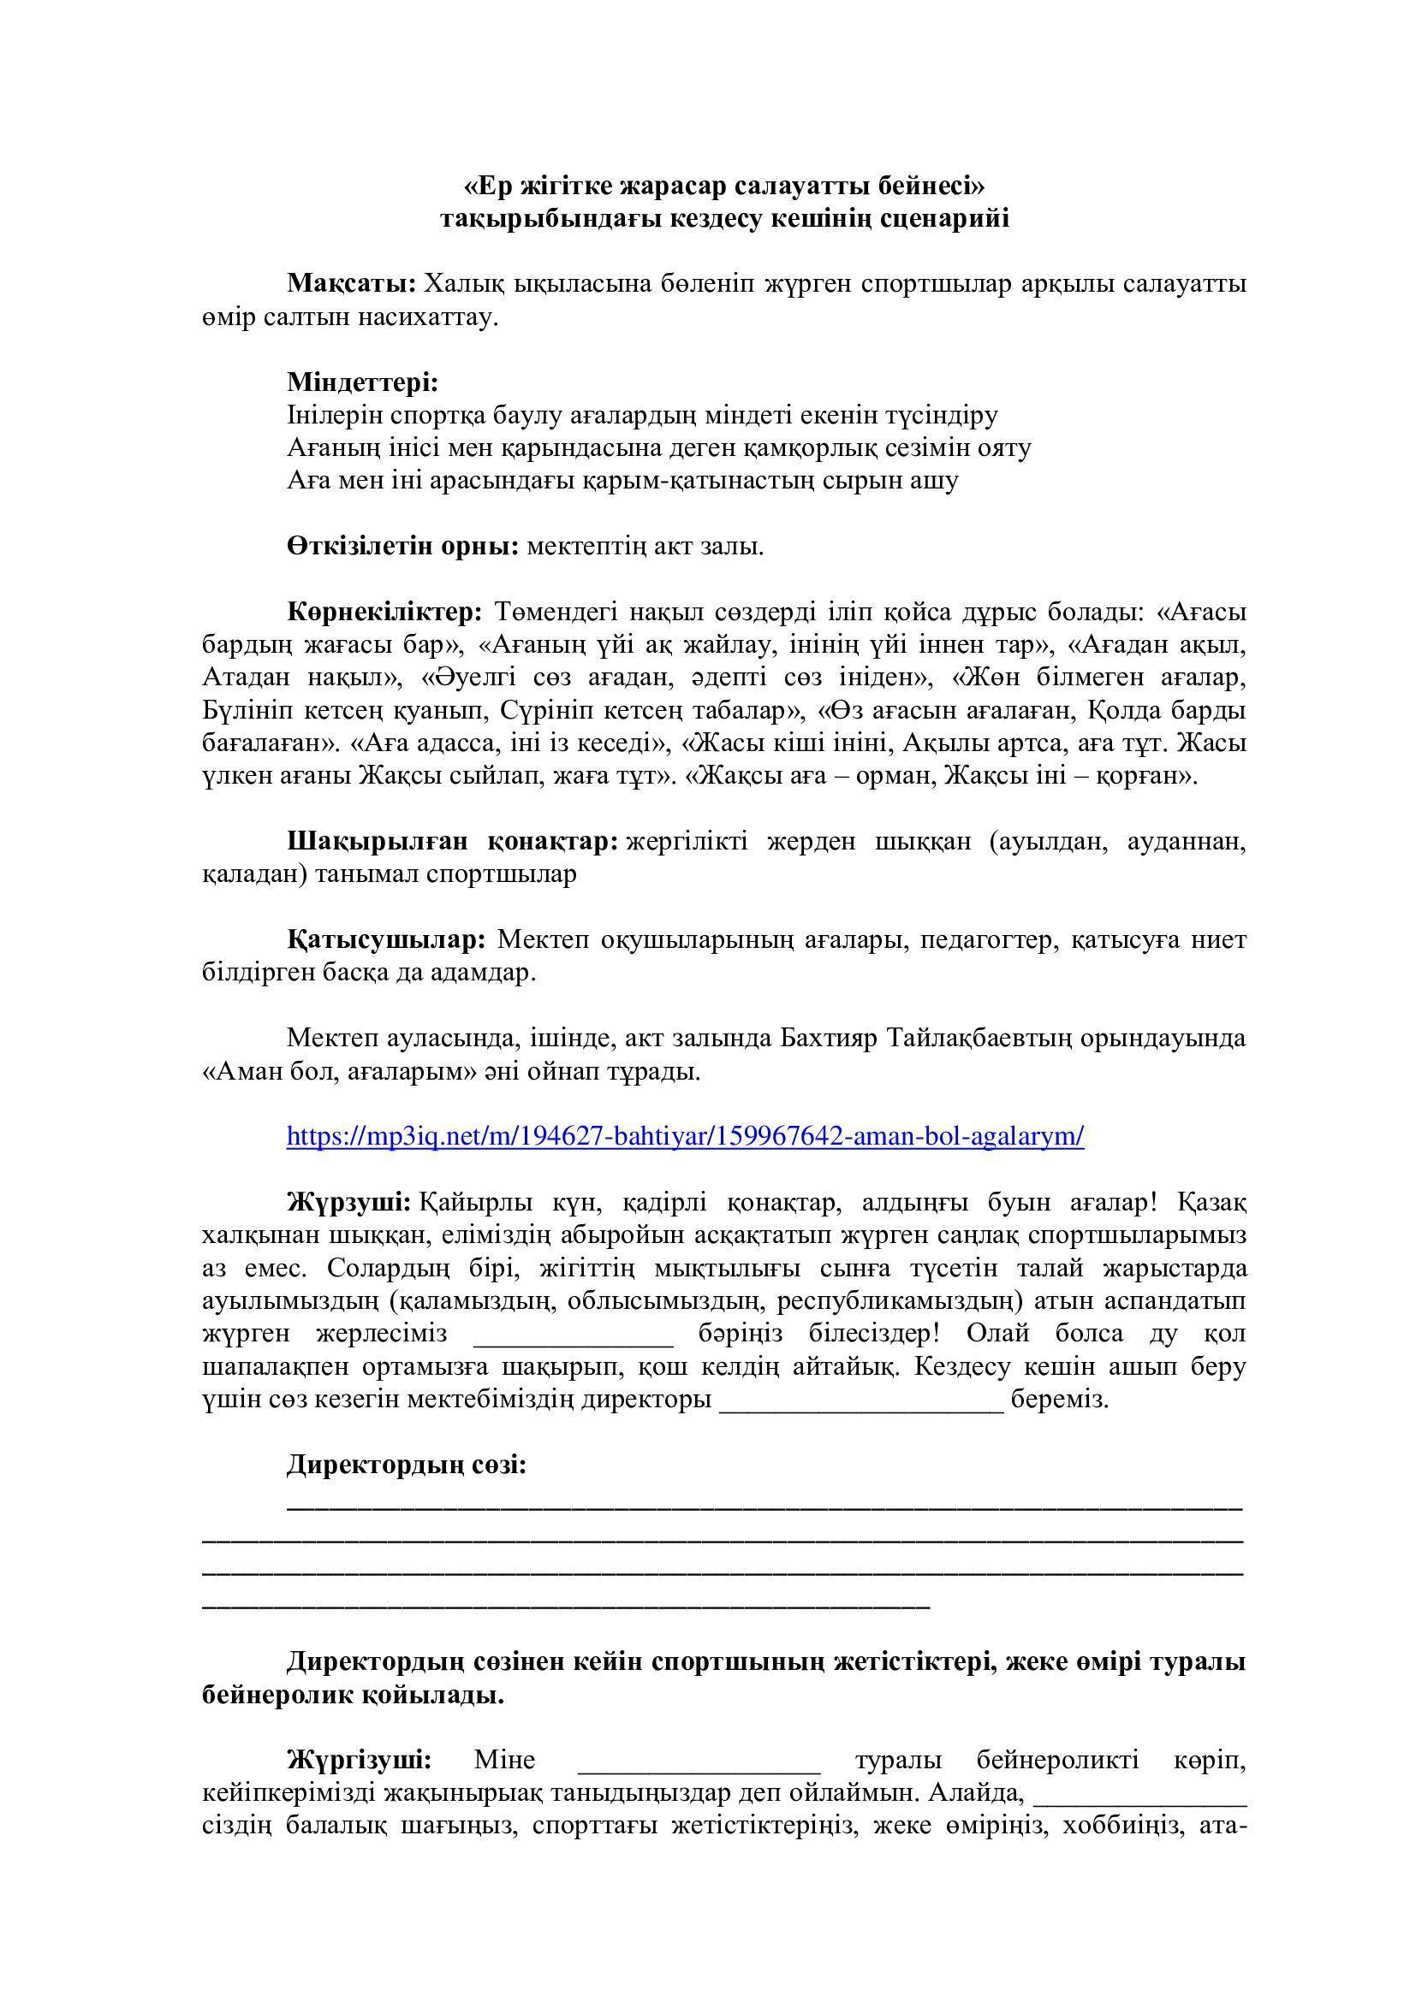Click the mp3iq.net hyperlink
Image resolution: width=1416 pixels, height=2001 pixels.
(685, 1136)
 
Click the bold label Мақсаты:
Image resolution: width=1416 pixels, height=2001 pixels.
(352, 284)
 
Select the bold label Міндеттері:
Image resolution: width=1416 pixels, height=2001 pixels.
(363, 382)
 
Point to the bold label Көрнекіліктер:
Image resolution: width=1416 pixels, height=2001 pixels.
(384, 612)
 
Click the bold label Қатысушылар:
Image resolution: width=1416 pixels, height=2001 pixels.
(386, 939)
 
